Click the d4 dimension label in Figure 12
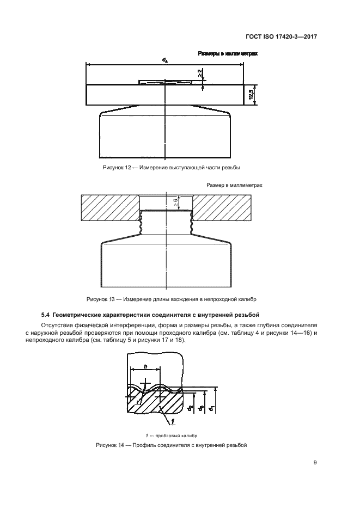(165, 60)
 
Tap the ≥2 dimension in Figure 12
(200, 73)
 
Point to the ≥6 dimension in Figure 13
(175, 203)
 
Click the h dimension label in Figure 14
(145, 366)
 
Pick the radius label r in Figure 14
(137, 402)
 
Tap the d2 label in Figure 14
(191, 408)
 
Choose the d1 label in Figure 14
(211, 408)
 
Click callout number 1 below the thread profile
(173, 422)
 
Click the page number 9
(315, 463)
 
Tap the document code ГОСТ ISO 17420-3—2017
(281, 36)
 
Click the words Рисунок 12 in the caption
(116, 168)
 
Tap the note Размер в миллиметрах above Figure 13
(234, 185)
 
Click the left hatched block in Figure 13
(111, 208)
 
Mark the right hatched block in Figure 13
(221, 208)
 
